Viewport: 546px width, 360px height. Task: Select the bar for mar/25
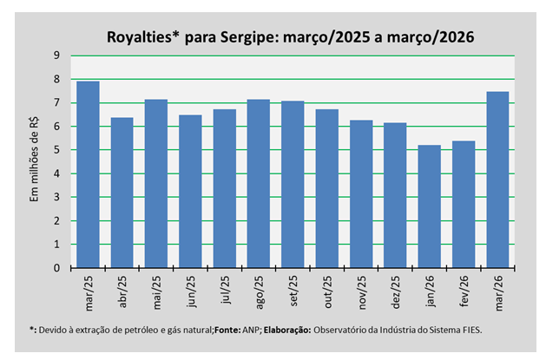[88, 174]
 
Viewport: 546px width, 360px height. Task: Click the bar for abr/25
[122, 193]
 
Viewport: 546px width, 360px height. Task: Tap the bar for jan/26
[430, 206]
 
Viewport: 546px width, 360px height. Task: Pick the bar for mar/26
[497, 180]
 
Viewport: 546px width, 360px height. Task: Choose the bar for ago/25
[259, 184]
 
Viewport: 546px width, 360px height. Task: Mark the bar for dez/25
[395, 195]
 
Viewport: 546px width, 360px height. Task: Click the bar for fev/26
[464, 204]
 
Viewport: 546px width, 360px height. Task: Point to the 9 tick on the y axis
[56, 56]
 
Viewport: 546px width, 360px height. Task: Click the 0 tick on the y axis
[56, 268]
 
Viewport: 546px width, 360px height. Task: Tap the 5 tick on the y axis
[56, 150]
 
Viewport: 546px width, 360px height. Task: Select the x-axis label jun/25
[191, 291]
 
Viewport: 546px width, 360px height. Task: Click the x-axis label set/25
[293, 291]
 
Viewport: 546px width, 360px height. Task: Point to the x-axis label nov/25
[362, 292]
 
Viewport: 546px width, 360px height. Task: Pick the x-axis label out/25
[327, 291]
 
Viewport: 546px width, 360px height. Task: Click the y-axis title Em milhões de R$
[34, 160]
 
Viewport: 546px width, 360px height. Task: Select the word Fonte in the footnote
[227, 330]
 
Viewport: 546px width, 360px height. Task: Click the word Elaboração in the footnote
[287, 331]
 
